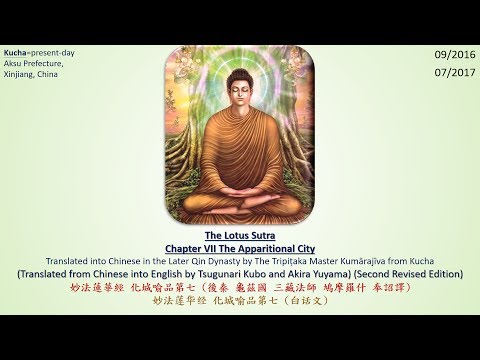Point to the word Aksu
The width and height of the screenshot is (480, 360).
(x=14, y=62)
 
